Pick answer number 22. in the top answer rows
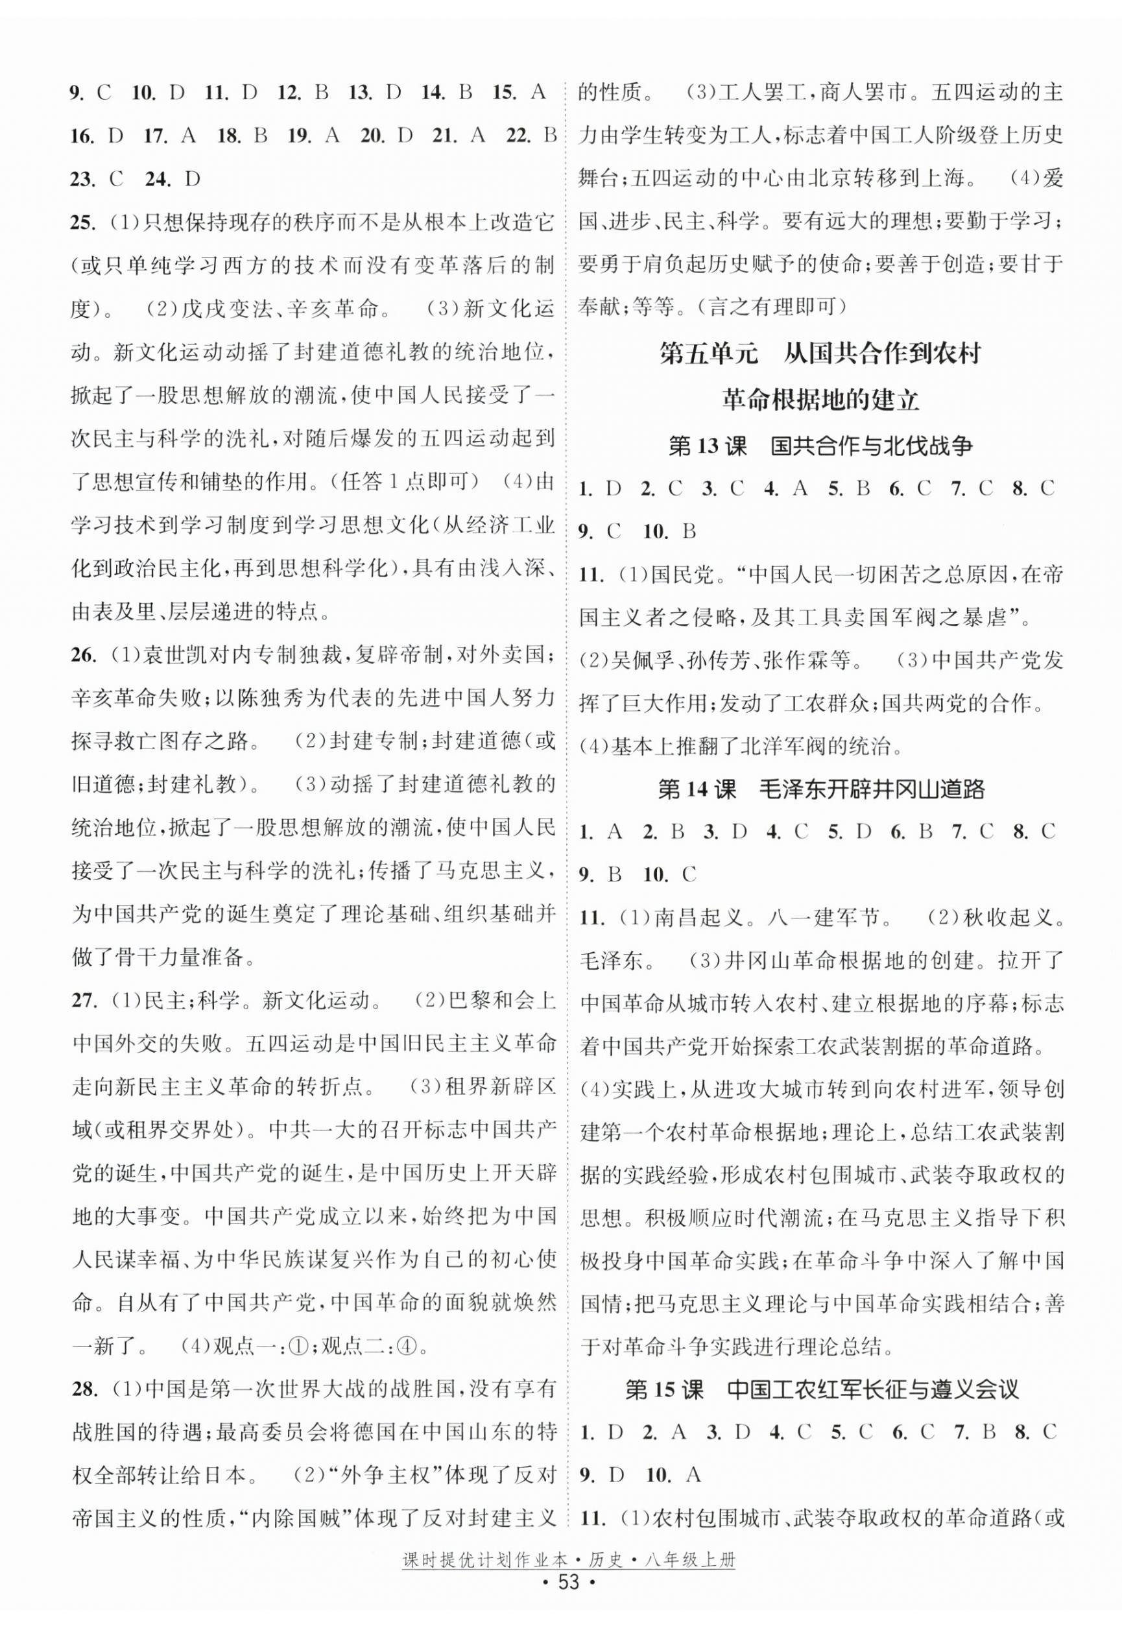[519, 136]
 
